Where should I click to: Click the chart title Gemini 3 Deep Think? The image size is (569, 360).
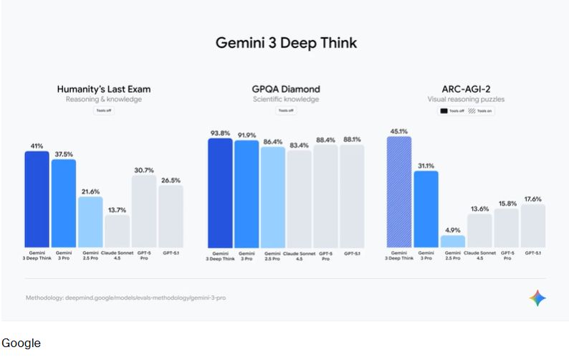tap(286, 43)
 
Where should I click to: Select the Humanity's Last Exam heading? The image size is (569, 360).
tap(104, 90)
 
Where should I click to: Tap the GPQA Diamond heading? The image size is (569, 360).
tap(285, 90)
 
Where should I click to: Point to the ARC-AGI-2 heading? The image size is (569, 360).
tap(466, 90)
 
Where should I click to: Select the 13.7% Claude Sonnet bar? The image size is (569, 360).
tap(117, 230)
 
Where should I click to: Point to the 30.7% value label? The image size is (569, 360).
tap(143, 170)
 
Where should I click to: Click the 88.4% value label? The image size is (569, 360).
tap(325, 140)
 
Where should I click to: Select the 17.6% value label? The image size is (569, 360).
tap(532, 199)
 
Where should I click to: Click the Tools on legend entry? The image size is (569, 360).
tap(481, 111)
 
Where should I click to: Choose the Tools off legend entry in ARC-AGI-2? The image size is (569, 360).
tap(451, 111)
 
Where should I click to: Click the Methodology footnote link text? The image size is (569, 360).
tap(125, 297)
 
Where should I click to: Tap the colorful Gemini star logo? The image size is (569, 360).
tap(537, 298)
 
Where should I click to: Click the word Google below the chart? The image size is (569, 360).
tap(21, 344)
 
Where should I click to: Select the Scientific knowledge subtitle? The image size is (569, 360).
tap(285, 100)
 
